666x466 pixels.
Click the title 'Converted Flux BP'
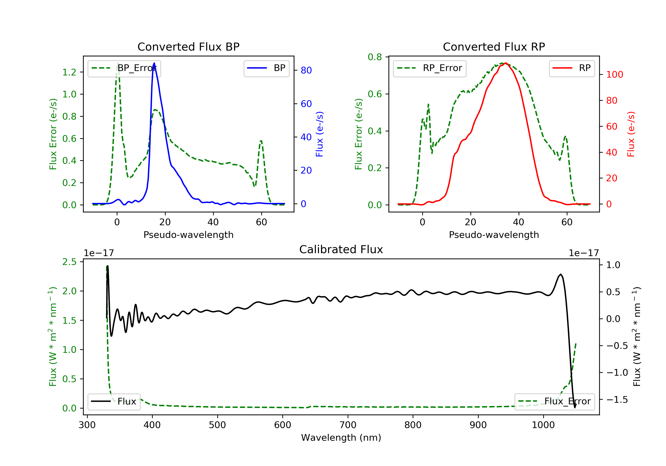188,47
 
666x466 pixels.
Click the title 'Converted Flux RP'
494,47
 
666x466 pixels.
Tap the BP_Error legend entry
124,68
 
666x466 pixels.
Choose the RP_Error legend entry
430,68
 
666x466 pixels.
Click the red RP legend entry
572,68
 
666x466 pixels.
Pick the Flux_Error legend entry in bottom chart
555,401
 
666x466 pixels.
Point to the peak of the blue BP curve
154,63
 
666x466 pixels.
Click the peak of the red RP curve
505,63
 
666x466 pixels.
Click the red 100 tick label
614,75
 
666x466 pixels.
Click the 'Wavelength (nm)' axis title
341,437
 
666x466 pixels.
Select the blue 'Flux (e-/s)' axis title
319,134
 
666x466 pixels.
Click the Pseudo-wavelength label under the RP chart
494,235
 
